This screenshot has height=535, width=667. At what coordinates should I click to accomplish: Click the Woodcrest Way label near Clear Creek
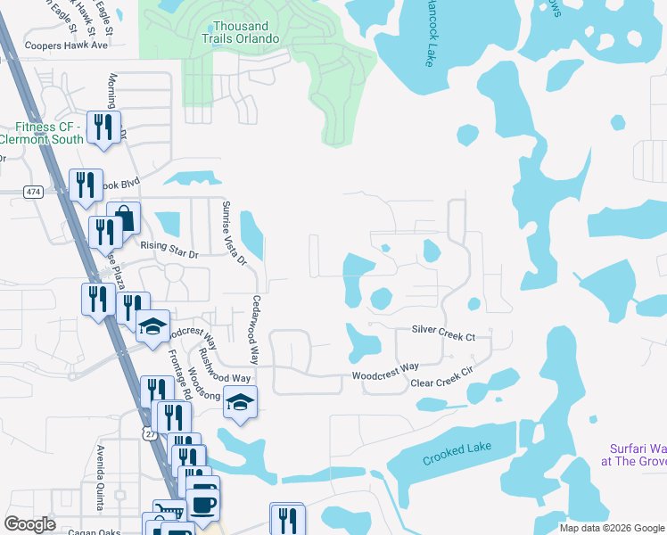385,367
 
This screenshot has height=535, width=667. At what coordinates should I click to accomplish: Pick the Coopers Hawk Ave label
66,45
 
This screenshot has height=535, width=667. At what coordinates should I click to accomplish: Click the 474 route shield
34,192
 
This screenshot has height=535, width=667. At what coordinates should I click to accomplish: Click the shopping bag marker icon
124,218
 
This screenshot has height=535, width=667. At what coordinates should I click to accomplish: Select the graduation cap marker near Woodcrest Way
153,326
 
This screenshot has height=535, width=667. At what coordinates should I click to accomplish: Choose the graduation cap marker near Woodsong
240,402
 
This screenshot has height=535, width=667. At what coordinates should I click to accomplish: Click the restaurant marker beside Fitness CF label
103,126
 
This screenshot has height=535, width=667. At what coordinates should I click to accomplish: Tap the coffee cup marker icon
202,505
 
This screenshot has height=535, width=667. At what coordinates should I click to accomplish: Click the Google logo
30,524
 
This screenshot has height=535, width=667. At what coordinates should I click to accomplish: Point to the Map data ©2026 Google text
612,528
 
